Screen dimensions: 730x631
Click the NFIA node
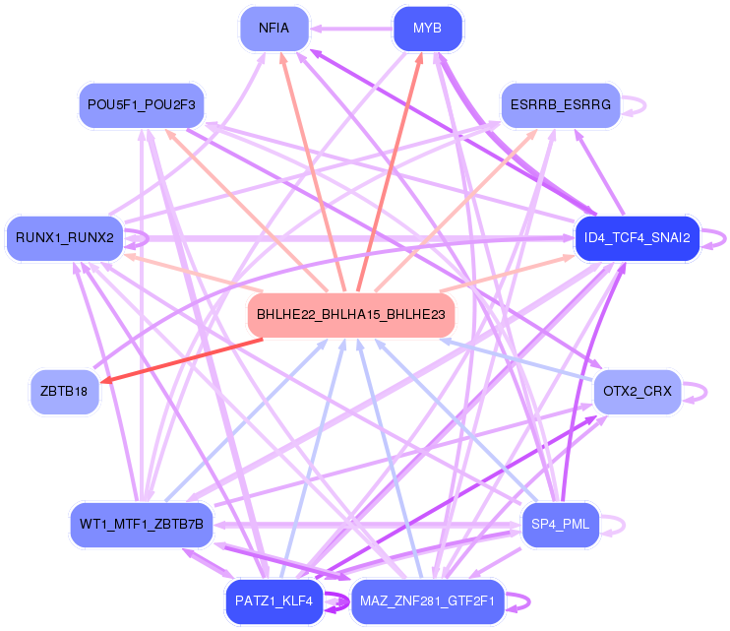tap(274, 29)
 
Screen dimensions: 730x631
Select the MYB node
tap(427, 29)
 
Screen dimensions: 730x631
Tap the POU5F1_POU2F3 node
tap(142, 105)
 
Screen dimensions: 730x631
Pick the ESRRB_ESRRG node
tap(561, 105)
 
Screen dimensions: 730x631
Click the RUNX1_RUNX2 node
tap(65, 238)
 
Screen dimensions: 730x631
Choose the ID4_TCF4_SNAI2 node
tap(638, 238)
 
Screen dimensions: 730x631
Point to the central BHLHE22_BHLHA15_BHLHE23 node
tap(351, 315)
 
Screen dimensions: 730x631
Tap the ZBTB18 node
tap(65, 392)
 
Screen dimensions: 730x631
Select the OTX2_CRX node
tap(638, 392)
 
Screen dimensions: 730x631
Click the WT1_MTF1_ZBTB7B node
tap(142, 525)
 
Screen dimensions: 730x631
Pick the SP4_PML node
tap(561, 525)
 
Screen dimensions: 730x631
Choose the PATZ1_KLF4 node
tap(274, 601)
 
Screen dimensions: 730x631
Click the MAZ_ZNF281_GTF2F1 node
tap(427, 601)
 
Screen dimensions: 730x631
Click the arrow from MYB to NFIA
tap(351, 29)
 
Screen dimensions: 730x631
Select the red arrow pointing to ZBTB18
tap(182, 361)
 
